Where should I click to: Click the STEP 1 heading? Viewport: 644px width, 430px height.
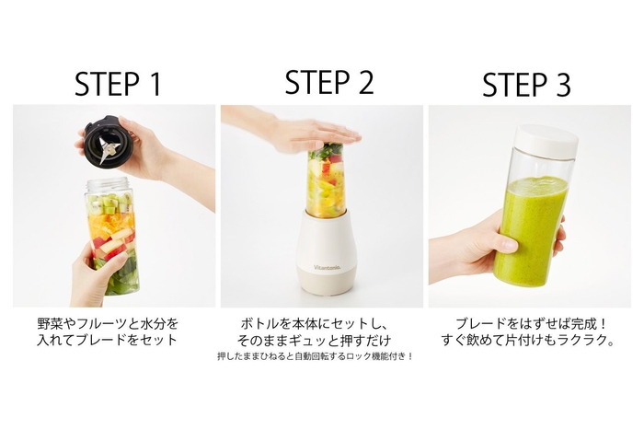point(117,83)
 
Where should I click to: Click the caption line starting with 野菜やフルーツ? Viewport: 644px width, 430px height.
point(115,324)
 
